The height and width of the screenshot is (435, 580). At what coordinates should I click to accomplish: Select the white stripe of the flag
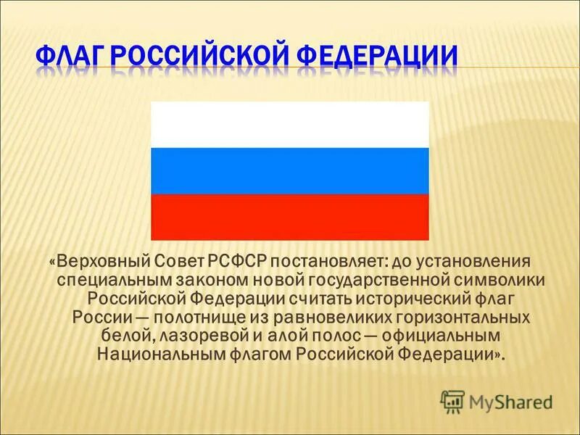pyautogui.click(x=289, y=125)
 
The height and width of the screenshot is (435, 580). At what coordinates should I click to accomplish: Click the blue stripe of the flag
pyautogui.click(x=289, y=171)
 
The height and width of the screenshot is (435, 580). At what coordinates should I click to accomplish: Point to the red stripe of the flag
pyautogui.click(x=289, y=217)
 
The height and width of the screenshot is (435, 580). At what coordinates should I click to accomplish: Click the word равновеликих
pyautogui.click(x=312, y=317)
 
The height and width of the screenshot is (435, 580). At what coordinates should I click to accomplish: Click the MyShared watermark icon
pyautogui.click(x=452, y=401)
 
